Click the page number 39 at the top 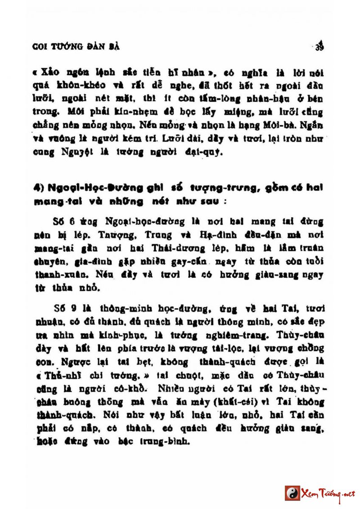pos(320,46)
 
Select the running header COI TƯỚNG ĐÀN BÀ pos(76,46)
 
